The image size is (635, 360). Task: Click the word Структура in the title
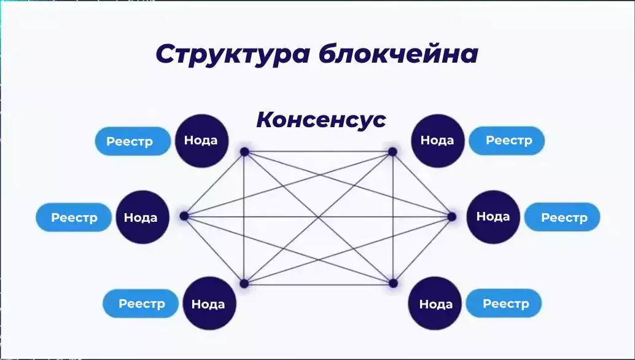click(233, 55)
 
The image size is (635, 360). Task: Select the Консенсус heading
click(321, 119)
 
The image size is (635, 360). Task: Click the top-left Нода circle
click(201, 141)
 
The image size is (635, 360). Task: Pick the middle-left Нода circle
click(142, 217)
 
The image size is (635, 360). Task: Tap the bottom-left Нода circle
click(209, 303)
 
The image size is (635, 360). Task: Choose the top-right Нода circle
click(438, 141)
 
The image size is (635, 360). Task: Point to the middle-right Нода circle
click(493, 217)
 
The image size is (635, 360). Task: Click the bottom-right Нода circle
click(435, 303)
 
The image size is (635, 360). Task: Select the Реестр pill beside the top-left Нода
click(133, 141)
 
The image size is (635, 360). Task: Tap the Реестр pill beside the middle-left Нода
click(74, 217)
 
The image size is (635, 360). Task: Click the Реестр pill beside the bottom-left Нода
click(141, 303)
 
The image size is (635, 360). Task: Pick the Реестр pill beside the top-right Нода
click(507, 141)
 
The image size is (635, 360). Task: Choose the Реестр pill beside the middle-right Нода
click(562, 217)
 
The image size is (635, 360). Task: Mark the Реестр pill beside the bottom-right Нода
click(504, 303)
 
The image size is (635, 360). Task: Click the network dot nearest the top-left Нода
click(244, 152)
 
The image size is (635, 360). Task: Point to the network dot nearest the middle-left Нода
click(184, 216)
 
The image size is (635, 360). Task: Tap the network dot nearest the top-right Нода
click(392, 152)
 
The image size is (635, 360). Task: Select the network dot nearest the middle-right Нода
click(452, 217)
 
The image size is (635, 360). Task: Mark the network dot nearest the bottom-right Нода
click(393, 283)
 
